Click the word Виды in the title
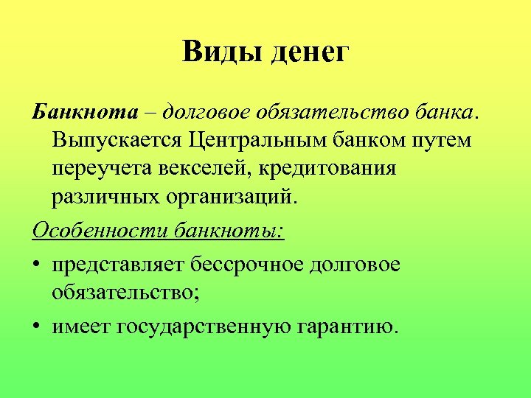222,53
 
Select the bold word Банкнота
85,111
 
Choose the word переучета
100,169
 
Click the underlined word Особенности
101,231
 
